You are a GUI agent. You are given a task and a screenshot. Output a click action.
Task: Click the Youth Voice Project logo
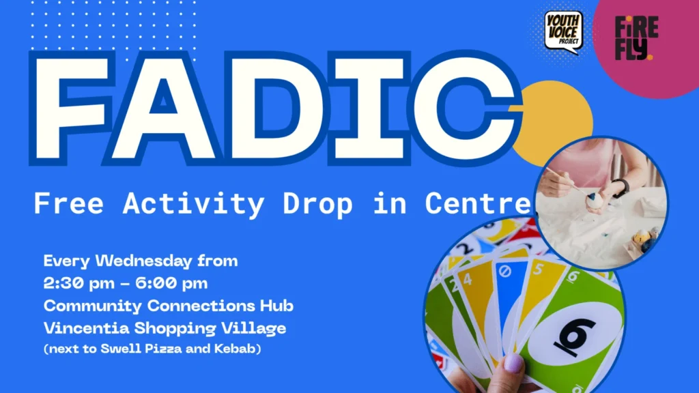tap(563, 31)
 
